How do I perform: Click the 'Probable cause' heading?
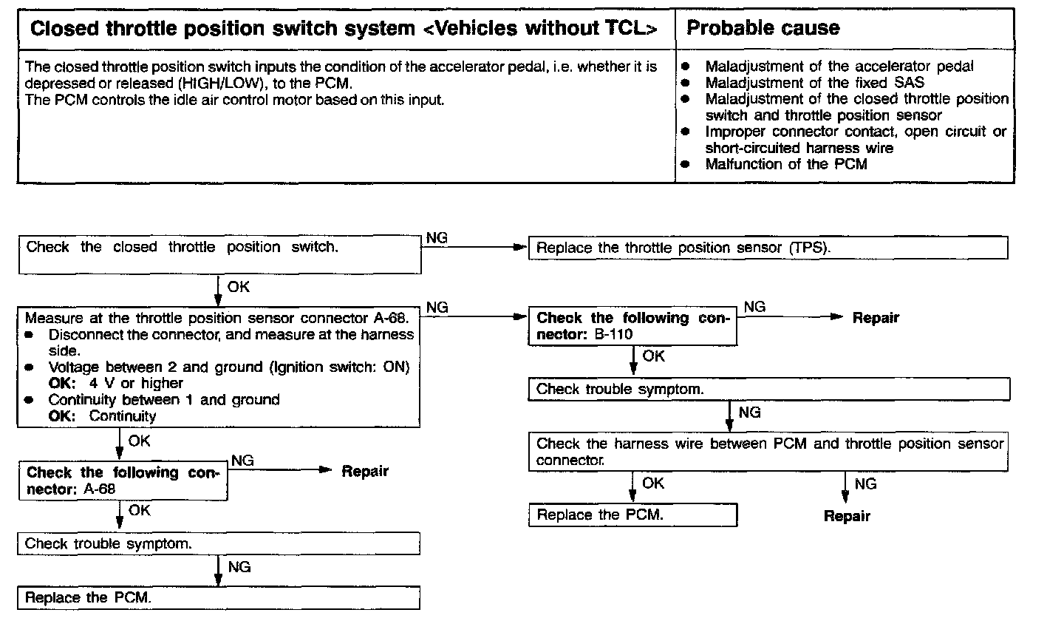(763, 29)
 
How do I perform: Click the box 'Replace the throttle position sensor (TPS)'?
(768, 248)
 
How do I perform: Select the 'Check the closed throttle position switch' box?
(219, 254)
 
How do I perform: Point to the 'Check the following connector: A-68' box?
(123, 481)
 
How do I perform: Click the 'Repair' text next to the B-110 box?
(876, 318)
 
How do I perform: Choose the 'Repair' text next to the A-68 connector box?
(364, 471)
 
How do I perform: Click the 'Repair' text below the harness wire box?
(847, 516)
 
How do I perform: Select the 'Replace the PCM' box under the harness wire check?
(632, 515)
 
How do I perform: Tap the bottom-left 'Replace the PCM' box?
(219, 597)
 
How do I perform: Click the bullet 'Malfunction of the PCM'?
(785, 164)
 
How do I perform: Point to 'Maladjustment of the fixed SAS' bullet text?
(814, 83)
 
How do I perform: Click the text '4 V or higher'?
(136, 383)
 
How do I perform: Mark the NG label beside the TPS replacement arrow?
(437, 238)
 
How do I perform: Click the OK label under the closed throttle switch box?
(239, 287)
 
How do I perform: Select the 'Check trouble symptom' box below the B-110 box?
(768, 389)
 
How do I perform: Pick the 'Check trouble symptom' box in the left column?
(219, 543)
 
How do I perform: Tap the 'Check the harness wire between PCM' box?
(768, 452)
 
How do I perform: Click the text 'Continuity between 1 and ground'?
(164, 400)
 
